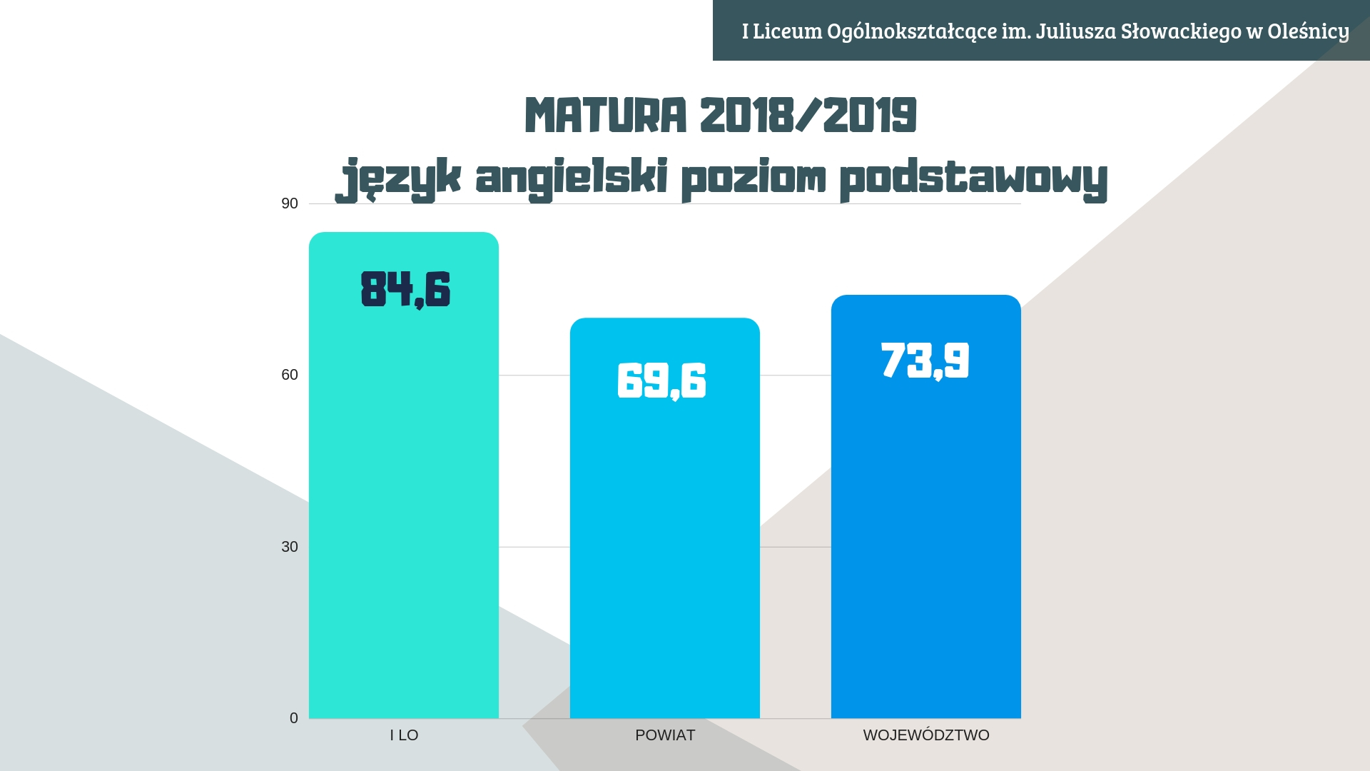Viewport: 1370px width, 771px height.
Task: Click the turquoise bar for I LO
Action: (403, 500)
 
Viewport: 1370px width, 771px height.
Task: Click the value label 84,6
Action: (405, 289)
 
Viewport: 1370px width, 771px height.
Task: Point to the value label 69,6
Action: (661, 381)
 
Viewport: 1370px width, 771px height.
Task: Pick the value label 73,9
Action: (925, 360)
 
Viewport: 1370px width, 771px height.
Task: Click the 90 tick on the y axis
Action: (290, 203)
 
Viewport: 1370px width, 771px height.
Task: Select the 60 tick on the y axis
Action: (290, 375)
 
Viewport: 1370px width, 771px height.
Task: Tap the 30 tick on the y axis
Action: (290, 547)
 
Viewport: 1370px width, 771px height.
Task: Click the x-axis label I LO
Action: (404, 735)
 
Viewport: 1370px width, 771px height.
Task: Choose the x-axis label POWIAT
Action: (665, 735)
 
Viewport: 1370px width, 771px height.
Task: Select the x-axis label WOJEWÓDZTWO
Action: (926, 735)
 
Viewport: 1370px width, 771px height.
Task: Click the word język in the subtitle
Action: (401, 178)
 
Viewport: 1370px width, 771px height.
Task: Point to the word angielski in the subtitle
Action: (571, 178)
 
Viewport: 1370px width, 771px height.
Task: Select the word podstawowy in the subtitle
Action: (973, 178)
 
